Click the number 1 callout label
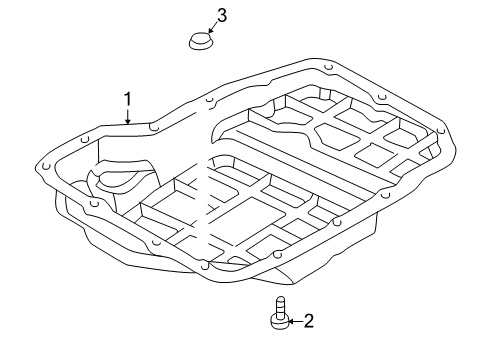[128, 98]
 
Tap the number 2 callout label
[308, 320]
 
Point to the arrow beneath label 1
[128, 116]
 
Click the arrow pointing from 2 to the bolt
[293, 320]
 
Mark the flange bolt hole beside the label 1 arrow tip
[151, 127]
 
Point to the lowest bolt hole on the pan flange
[204, 266]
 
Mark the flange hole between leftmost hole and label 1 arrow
[89, 140]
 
